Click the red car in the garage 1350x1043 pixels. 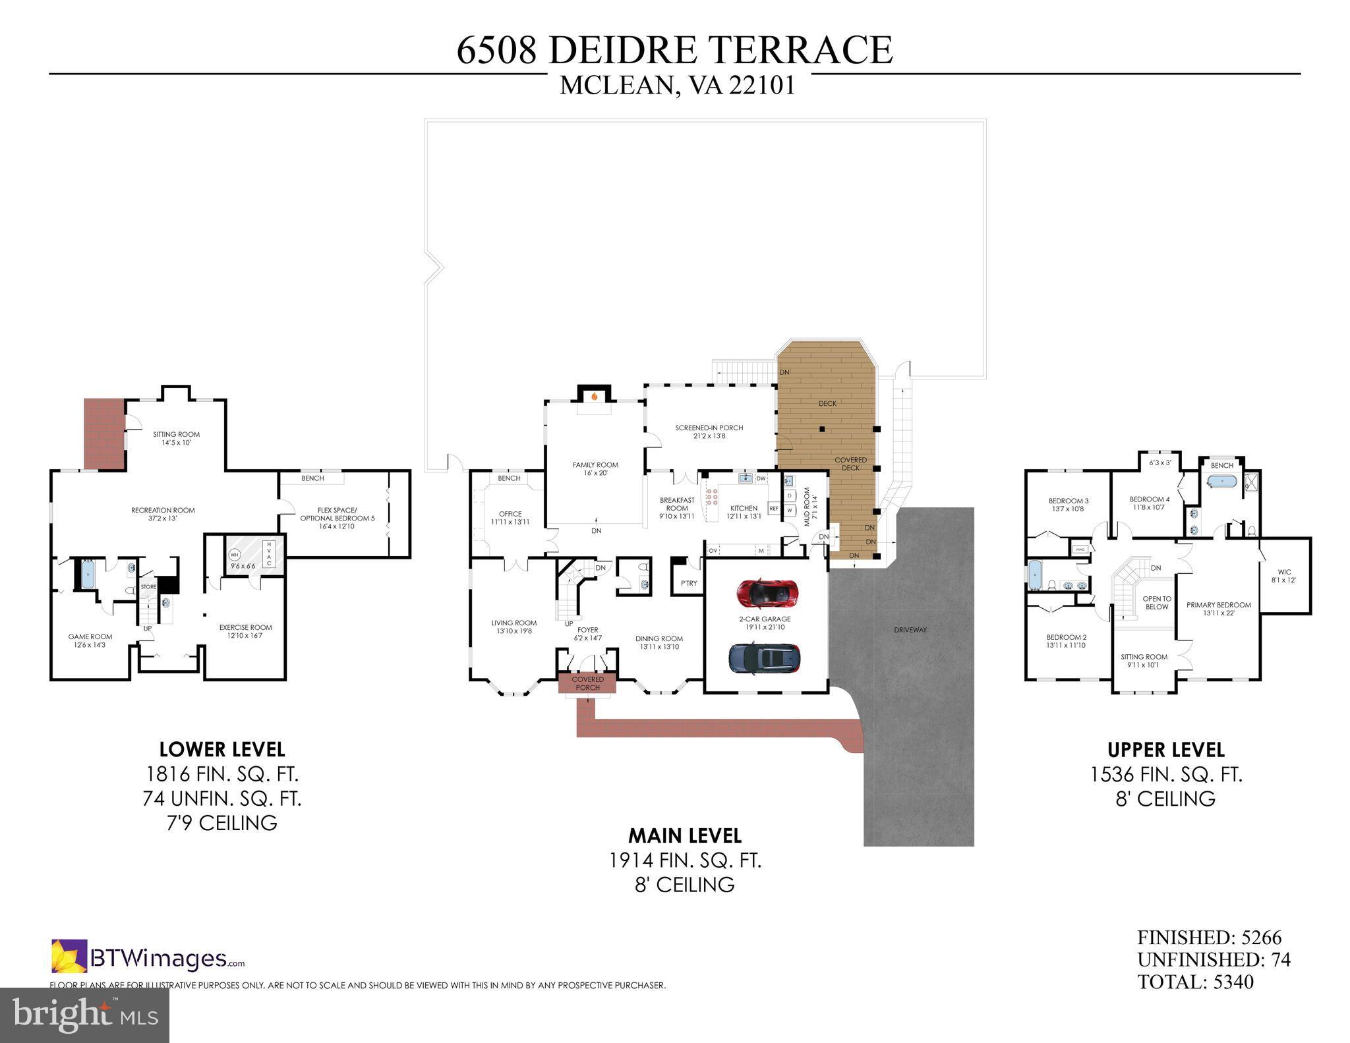pyautogui.click(x=767, y=592)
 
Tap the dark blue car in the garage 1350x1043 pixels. pyautogui.click(x=765, y=658)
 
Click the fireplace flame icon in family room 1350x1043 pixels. pyautogui.click(x=595, y=397)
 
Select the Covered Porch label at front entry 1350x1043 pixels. pyautogui.click(x=587, y=683)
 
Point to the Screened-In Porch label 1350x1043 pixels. pyautogui.click(x=709, y=432)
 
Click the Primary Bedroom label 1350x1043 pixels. pyautogui.click(x=1219, y=609)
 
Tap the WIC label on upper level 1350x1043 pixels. pyautogui.click(x=1284, y=577)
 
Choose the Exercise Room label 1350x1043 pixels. pyautogui.click(x=245, y=631)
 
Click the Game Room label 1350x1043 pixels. pyautogui.click(x=90, y=640)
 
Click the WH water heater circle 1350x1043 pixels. pyautogui.click(x=235, y=555)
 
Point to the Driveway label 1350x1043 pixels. pyautogui.click(x=910, y=630)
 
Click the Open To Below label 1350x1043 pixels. pyautogui.click(x=1157, y=603)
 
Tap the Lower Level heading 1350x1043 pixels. pyautogui.click(x=222, y=749)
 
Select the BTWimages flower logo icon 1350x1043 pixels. pyautogui.click(x=69, y=956)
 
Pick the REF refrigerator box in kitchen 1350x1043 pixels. pyautogui.click(x=774, y=509)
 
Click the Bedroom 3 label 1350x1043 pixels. pyautogui.click(x=1069, y=505)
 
